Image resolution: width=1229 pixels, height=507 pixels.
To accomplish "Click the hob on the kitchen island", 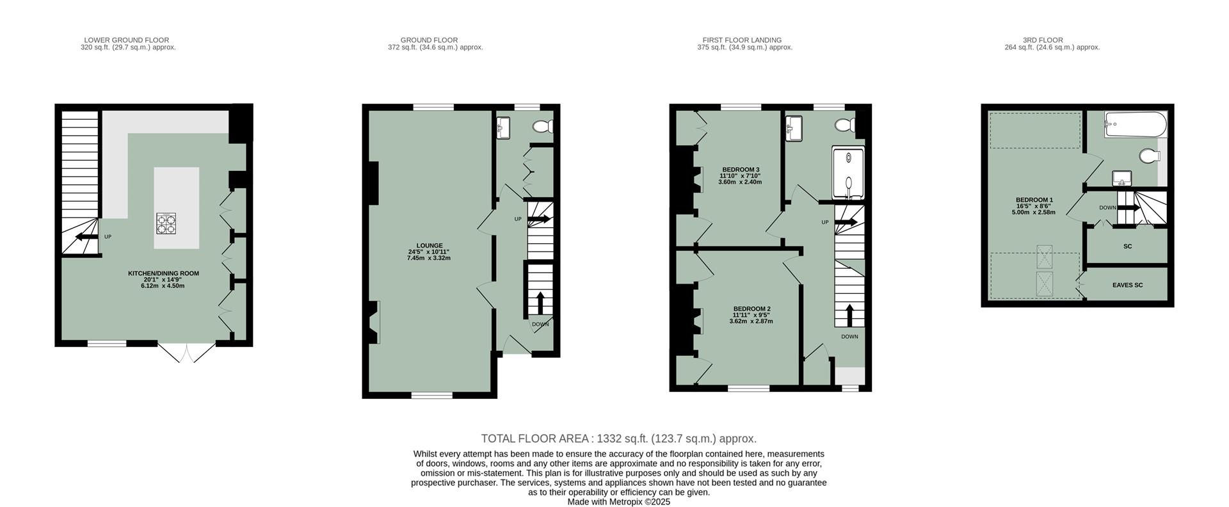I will [x=166, y=223].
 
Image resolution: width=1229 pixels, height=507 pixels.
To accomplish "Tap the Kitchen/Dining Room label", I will [x=163, y=273].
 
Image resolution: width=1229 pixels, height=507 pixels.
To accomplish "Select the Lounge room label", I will [x=429, y=245].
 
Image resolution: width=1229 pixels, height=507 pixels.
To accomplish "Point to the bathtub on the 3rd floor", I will [x=1135, y=124].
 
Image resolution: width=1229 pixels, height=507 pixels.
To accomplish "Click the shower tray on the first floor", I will [x=847, y=174].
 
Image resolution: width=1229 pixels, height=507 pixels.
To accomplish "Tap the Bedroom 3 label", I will [x=739, y=170].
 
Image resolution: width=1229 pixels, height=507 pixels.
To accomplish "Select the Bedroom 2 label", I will [x=751, y=309].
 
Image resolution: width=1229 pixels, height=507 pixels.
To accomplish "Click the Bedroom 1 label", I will [x=1034, y=200].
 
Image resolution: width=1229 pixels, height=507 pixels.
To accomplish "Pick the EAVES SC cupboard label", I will [x=1127, y=286].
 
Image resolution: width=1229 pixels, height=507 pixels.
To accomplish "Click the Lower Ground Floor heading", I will [x=127, y=40].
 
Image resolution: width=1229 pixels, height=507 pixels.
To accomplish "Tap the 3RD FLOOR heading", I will [x=1051, y=40].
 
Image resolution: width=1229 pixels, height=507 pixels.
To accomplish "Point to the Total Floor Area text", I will [x=618, y=439].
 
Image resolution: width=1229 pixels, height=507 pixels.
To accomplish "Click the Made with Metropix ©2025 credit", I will [x=618, y=502].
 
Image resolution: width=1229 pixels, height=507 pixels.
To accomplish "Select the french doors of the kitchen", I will [x=187, y=353].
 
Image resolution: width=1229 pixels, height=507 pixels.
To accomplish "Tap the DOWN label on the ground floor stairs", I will [x=540, y=324].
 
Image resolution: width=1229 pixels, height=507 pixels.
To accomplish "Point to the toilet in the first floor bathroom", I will [x=845, y=125].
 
